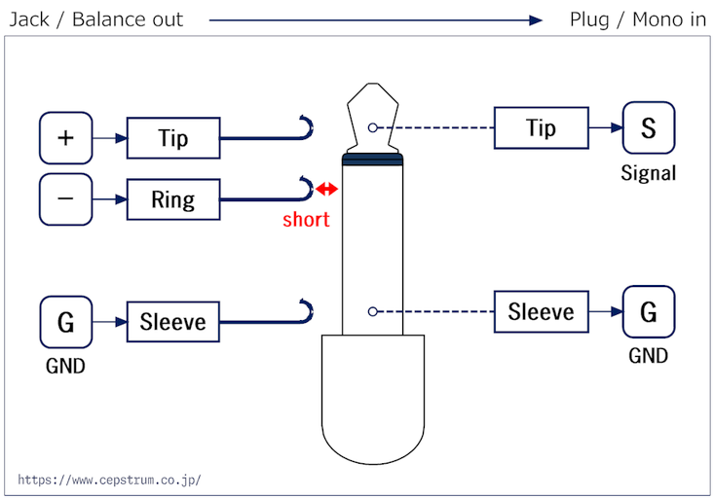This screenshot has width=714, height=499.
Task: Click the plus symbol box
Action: [x=66, y=138]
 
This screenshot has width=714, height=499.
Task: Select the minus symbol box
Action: [x=66, y=199]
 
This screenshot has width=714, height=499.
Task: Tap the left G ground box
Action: [x=66, y=322]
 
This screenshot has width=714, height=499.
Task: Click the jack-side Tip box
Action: [x=173, y=138]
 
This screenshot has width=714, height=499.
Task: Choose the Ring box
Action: [x=173, y=199]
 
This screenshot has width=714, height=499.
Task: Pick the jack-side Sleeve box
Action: [x=173, y=322]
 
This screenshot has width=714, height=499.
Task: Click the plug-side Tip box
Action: [x=542, y=127]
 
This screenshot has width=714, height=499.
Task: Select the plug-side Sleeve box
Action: [x=542, y=311]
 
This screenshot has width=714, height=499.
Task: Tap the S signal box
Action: [x=649, y=127]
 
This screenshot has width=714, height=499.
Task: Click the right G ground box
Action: [x=649, y=311]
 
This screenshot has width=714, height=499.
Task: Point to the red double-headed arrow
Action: [x=327, y=189]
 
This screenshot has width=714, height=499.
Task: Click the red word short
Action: [x=306, y=219]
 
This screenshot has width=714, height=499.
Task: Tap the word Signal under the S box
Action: [x=649, y=173]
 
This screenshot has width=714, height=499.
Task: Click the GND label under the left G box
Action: [x=65, y=366]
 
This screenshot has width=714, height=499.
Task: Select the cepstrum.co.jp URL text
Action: [x=109, y=480]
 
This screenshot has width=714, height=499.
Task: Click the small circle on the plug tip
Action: [x=372, y=127]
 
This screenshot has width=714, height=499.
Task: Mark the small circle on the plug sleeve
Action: [x=372, y=311]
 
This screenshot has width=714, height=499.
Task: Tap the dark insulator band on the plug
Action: [x=372, y=160]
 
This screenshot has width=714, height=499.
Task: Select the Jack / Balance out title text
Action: [x=96, y=19]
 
